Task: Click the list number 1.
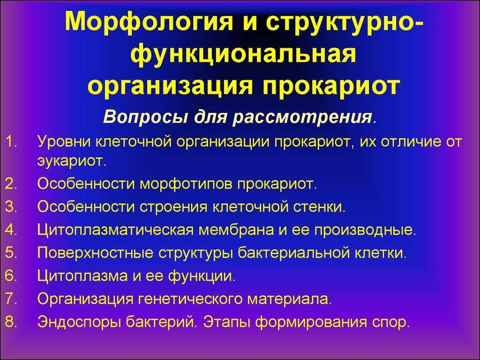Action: [11, 142]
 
